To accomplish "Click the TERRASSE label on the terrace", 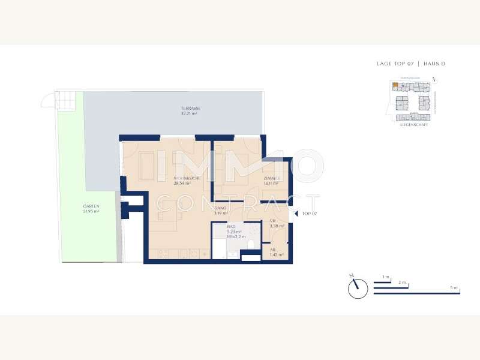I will (x=191, y=108).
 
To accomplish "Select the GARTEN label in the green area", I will (x=91, y=206).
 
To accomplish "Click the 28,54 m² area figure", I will (x=182, y=184).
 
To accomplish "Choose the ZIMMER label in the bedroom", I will (x=272, y=179).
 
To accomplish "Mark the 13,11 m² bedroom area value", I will (x=271, y=184).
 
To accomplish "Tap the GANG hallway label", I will (x=221, y=208).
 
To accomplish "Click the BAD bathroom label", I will (x=230, y=227).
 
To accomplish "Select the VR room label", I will (x=272, y=221).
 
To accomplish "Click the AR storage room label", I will (x=272, y=250).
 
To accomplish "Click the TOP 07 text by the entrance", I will (x=309, y=214).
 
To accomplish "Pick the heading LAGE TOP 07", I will (x=394, y=64).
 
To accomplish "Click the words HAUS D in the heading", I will (x=434, y=64).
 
